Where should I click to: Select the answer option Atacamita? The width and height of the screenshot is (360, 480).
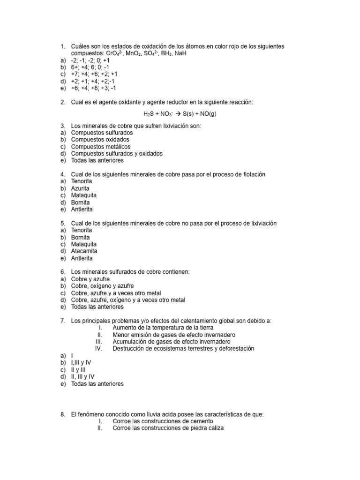click(x=84, y=251)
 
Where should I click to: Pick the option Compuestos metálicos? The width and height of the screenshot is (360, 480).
click(x=101, y=147)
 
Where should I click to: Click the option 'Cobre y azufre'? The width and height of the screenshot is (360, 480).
click(x=90, y=279)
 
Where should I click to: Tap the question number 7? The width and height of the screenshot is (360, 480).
click(x=62, y=321)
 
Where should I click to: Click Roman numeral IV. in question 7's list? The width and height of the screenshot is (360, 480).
click(x=98, y=349)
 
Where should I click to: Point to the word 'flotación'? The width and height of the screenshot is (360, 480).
click(x=252, y=174)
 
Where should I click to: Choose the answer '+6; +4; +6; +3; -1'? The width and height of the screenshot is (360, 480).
click(x=93, y=88)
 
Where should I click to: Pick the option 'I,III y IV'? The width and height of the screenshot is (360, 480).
click(x=81, y=363)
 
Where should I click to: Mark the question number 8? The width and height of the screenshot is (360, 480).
click(x=62, y=414)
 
